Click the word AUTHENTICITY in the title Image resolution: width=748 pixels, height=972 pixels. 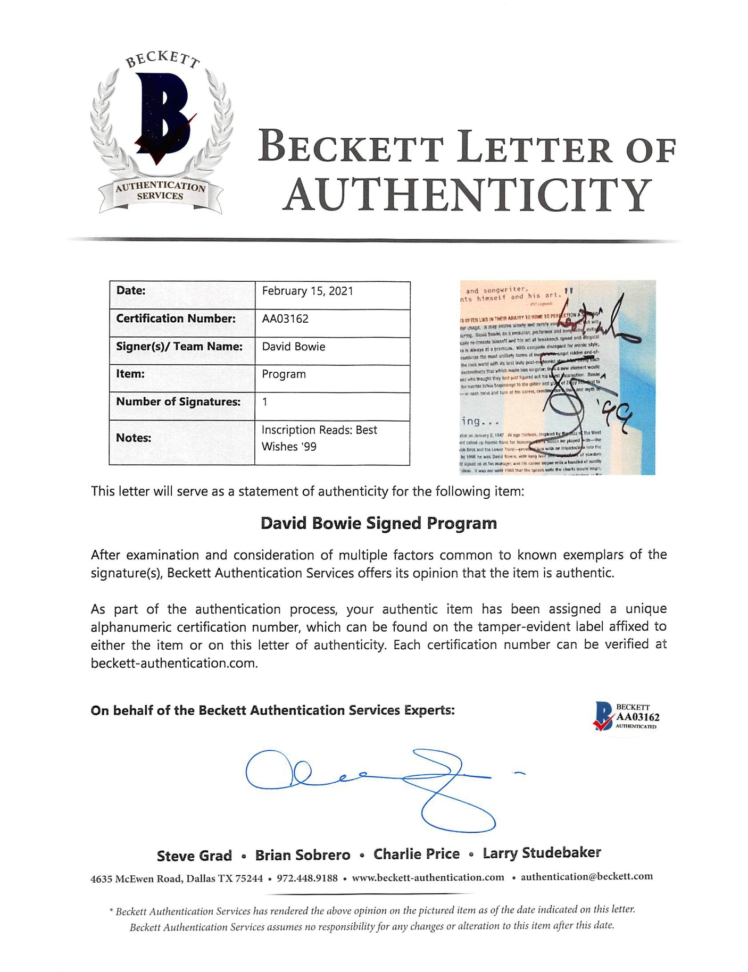[x=468, y=195]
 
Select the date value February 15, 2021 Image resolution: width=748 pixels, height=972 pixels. [x=307, y=291]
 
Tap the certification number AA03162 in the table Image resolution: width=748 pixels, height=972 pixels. [x=285, y=319]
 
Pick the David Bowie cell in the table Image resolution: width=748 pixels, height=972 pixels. [x=294, y=347]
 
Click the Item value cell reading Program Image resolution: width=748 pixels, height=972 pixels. [x=284, y=374]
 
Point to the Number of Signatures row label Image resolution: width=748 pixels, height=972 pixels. [x=178, y=402]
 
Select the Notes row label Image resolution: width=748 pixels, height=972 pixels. [x=134, y=438]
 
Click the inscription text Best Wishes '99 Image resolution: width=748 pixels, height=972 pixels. [x=319, y=438]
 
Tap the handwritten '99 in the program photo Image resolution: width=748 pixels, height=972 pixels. [x=614, y=410]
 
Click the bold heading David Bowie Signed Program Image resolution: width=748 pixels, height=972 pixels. [x=378, y=523]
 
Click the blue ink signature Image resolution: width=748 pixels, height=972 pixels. [x=372, y=782]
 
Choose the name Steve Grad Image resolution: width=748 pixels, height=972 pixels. [x=194, y=856]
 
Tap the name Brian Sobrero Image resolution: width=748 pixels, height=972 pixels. [x=303, y=855]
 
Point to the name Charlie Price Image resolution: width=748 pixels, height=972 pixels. [x=417, y=854]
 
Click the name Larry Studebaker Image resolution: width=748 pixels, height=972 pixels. [x=542, y=853]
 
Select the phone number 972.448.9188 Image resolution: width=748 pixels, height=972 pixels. [x=307, y=878]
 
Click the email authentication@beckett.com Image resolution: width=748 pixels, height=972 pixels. [x=586, y=876]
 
